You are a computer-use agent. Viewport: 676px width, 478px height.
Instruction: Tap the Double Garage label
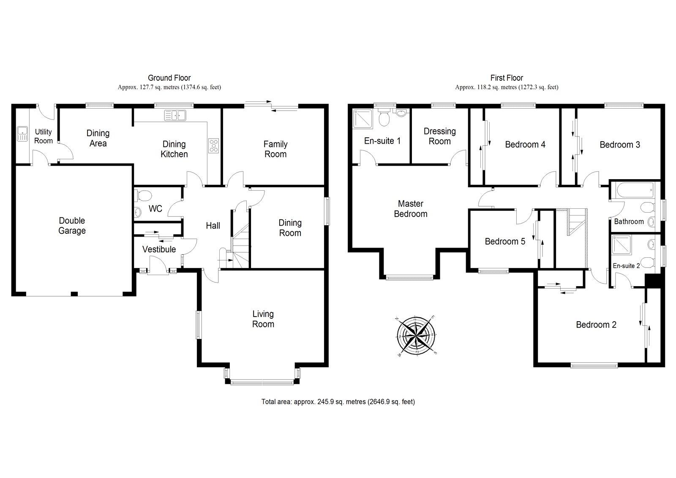(72, 226)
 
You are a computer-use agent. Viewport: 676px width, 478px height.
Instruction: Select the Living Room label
(263, 319)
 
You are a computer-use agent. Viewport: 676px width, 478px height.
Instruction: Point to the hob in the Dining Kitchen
(214, 145)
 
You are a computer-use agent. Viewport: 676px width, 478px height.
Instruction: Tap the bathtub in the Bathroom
(634, 191)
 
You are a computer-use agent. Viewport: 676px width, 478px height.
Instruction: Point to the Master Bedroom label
(411, 209)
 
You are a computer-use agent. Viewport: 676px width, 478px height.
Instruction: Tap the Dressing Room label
(440, 136)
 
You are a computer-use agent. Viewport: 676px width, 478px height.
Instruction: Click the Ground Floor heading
(169, 78)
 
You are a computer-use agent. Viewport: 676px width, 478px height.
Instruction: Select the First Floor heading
(507, 78)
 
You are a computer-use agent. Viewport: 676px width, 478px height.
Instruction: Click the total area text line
(338, 402)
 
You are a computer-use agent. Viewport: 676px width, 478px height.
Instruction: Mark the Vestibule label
(159, 249)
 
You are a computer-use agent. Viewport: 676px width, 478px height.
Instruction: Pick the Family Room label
(275, 149)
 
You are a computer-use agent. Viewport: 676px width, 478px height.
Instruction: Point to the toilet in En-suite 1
(384, 118)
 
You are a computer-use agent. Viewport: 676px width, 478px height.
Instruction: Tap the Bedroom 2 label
(596, 325)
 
